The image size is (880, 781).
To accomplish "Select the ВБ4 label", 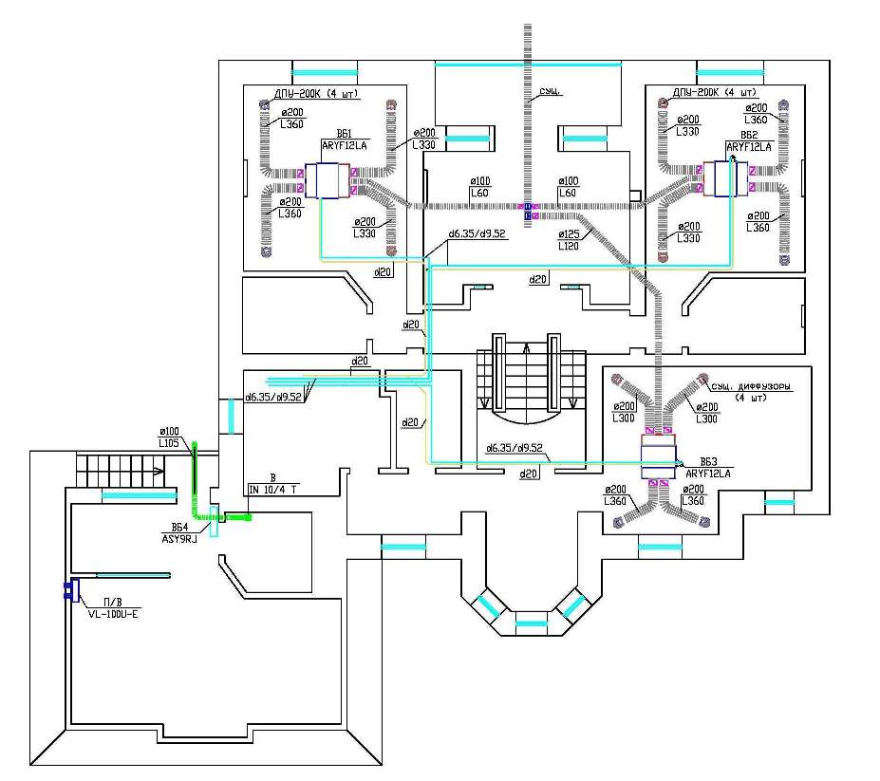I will click(x=181, y=527).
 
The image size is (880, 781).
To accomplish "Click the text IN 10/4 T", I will click(x=273, y=489).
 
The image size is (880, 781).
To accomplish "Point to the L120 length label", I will click(x=567, y=245).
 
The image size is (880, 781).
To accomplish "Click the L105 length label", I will click(x=170, y=443).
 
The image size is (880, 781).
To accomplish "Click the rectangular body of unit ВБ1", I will click(x=329, y=180).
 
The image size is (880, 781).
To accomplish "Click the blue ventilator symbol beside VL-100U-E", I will click(x=70, y=591).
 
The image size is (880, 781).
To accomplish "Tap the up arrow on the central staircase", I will click(x=527, y=350).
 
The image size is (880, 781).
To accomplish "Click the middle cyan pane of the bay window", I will click(x=532, y=623).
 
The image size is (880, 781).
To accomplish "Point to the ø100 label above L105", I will click(x=169, y=432).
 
